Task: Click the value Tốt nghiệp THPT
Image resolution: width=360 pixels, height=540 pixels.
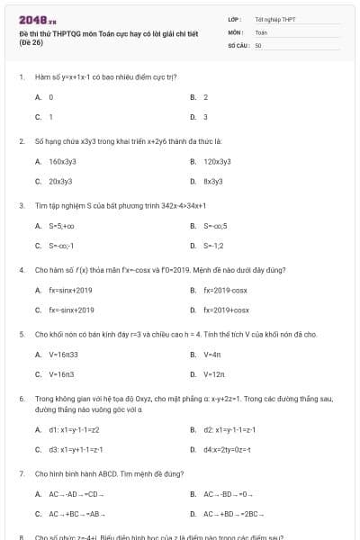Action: pyautogui.click(x=275, y=18)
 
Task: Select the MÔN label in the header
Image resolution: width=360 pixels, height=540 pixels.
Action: pyautogui.click(x=236, y=31)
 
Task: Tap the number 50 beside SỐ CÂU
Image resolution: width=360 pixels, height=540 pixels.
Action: pyautogui.click(x=258, y=44)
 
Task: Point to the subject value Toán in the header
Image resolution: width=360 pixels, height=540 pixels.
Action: pyautogui.click(x=261, y=31)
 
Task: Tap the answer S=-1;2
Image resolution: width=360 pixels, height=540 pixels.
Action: pyautogui.click(x=214, y=245)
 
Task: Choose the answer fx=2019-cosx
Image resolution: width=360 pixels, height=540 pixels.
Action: pyautogui.click(x=225, y=290)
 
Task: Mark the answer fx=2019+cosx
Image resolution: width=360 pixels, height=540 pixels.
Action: pyautogui.click(x=226, y=310)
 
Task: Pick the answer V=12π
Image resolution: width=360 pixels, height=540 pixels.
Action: pyautogui.click(x=214, y=373)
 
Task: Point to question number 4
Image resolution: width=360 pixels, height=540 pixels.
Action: pyautogui.click(x=21, y=268)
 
